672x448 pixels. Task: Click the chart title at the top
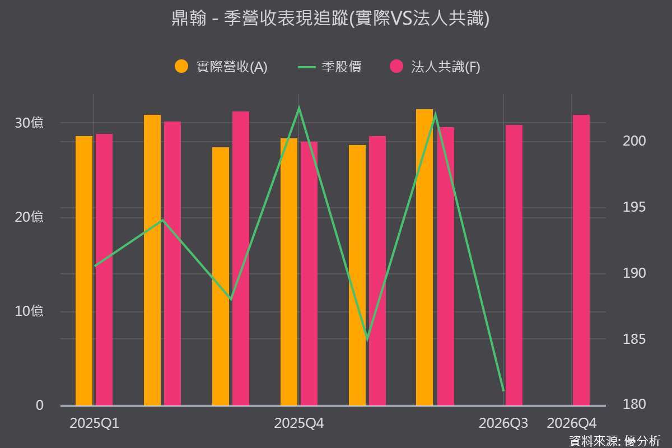click(330, 18)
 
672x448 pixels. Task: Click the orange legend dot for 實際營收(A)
click(181, 66)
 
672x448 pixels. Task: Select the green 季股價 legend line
click(307, 67)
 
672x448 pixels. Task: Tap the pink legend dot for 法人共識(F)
click(396, 66)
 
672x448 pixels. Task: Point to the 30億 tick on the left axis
click(29, 123)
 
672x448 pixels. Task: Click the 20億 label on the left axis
click(29, 217)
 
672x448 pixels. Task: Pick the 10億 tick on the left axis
click(29, 311)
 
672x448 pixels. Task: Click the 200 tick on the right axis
click(634, 141)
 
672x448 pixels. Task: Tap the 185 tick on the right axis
click(634, 339)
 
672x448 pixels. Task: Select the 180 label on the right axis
click(634, 404)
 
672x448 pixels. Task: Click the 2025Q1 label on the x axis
click(94, 423)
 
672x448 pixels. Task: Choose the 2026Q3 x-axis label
click(503, 423)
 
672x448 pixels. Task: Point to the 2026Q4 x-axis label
click(572, 423)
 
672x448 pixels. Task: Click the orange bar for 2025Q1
click(84, 271)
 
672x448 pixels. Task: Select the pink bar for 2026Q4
click(581, 260)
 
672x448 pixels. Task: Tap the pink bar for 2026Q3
click(514, 265)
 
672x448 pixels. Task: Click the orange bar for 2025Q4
click(289, 272)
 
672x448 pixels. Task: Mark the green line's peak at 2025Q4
click(299, 107)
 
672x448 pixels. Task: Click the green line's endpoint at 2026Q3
click(503, 391)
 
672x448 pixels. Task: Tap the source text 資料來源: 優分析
click(615, 441)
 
